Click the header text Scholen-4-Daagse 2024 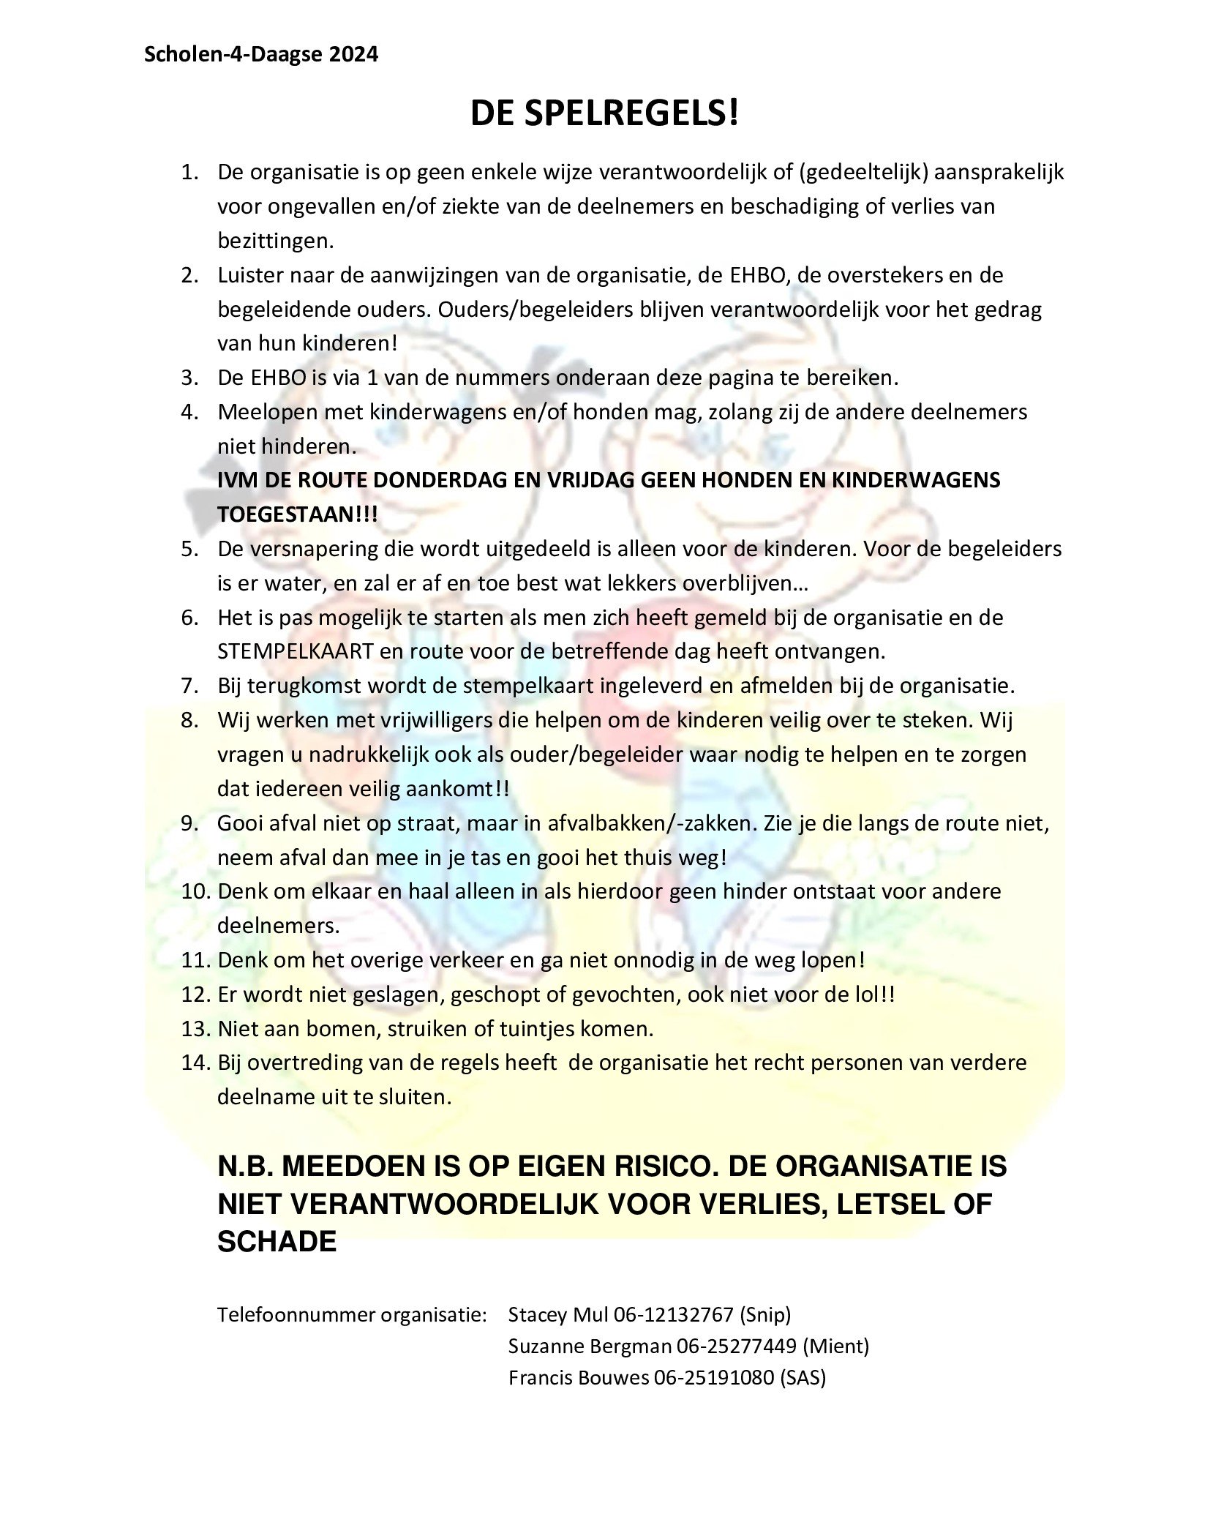pos(261,55)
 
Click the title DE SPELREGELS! pos(604,114)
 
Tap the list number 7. pos(191,686)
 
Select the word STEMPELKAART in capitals pos(296,651)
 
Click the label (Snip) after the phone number pos(765,1315)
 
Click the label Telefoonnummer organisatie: pos(352,1315)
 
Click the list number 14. pos(195,1063)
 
